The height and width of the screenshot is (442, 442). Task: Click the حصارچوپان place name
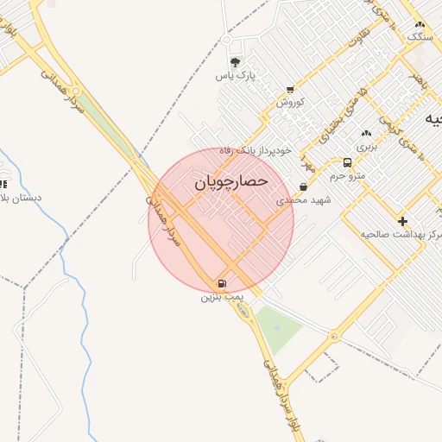(x=230, y=182)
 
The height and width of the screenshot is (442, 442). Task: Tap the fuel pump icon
(x=223, y=283)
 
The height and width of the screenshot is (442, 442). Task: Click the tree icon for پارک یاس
(x=235, y=62)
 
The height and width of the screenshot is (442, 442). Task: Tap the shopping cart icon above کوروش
(x=290, y=89)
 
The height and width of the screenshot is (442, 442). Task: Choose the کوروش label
(x=291, y=102)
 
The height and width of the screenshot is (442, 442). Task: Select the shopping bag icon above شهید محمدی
(x=303, y=186)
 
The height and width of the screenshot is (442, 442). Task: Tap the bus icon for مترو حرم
(x=347, y=162)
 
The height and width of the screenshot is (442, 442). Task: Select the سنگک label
(x=419, y=37)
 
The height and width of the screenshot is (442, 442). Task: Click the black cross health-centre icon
(x=402, y=221)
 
